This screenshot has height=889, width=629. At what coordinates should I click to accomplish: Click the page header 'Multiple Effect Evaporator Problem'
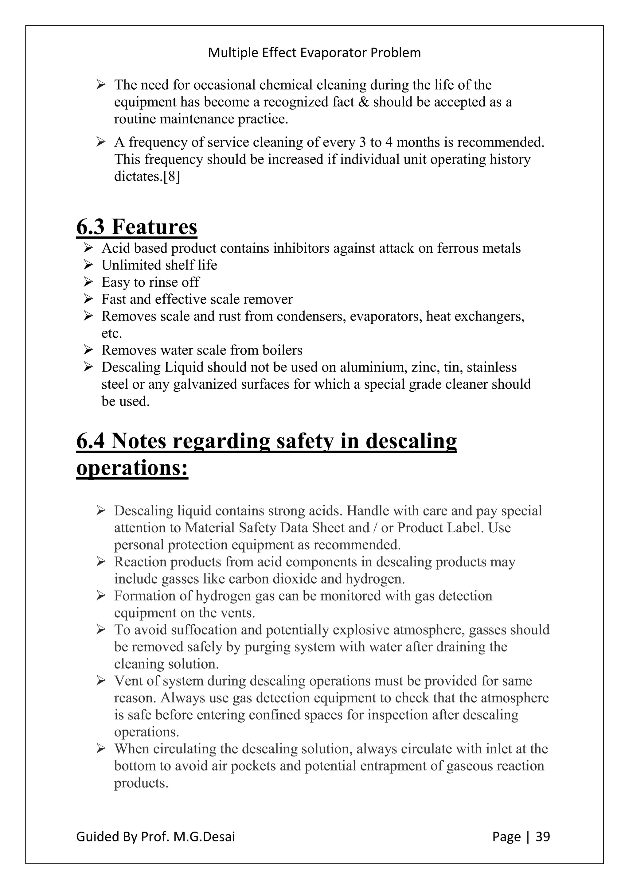click(314, 53)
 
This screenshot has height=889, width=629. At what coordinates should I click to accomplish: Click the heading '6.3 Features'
click(137, 227)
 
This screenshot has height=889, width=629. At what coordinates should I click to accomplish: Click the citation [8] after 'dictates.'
click(172, 177)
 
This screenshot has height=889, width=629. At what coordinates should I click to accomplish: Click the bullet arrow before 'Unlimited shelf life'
click(88, 265)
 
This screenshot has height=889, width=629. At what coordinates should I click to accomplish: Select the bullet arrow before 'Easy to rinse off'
click(88, 282)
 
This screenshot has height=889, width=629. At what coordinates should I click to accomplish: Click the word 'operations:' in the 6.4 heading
click(132, 468)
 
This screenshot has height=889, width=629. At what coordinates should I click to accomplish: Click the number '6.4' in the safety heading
click(90, 441)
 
